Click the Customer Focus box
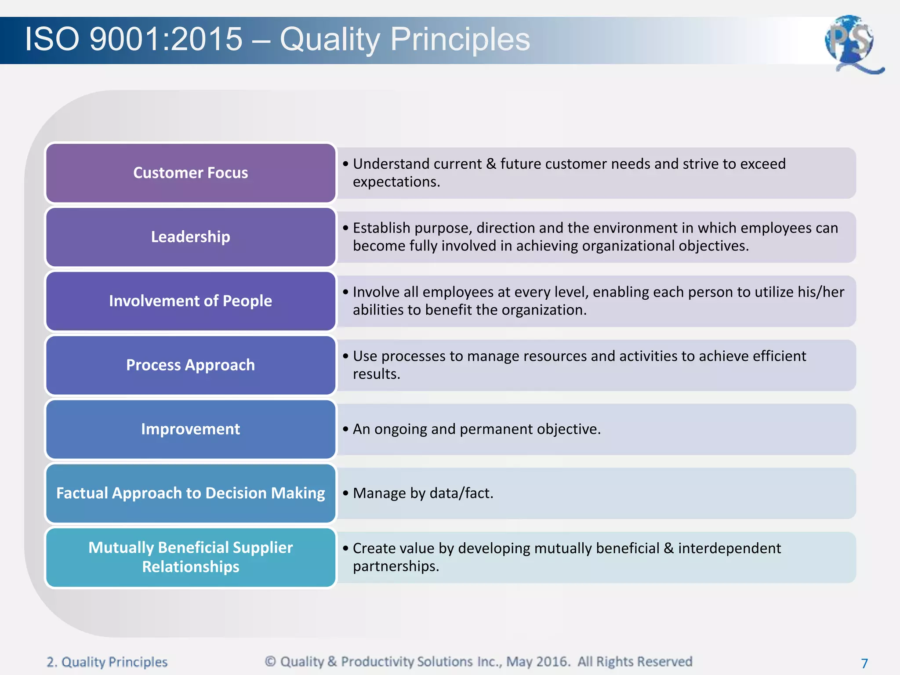190,173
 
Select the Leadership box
190,237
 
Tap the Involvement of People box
190,301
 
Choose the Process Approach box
190,365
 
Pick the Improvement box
190,429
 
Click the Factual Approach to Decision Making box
190,493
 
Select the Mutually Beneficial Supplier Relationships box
190,557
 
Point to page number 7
864,663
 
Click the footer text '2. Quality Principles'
107,662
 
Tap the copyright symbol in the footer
270,661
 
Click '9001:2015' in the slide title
166,39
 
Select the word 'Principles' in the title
460,39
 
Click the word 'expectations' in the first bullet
395,182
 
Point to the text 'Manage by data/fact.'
423,493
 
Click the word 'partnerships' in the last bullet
394,566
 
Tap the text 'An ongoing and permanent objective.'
476,429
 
